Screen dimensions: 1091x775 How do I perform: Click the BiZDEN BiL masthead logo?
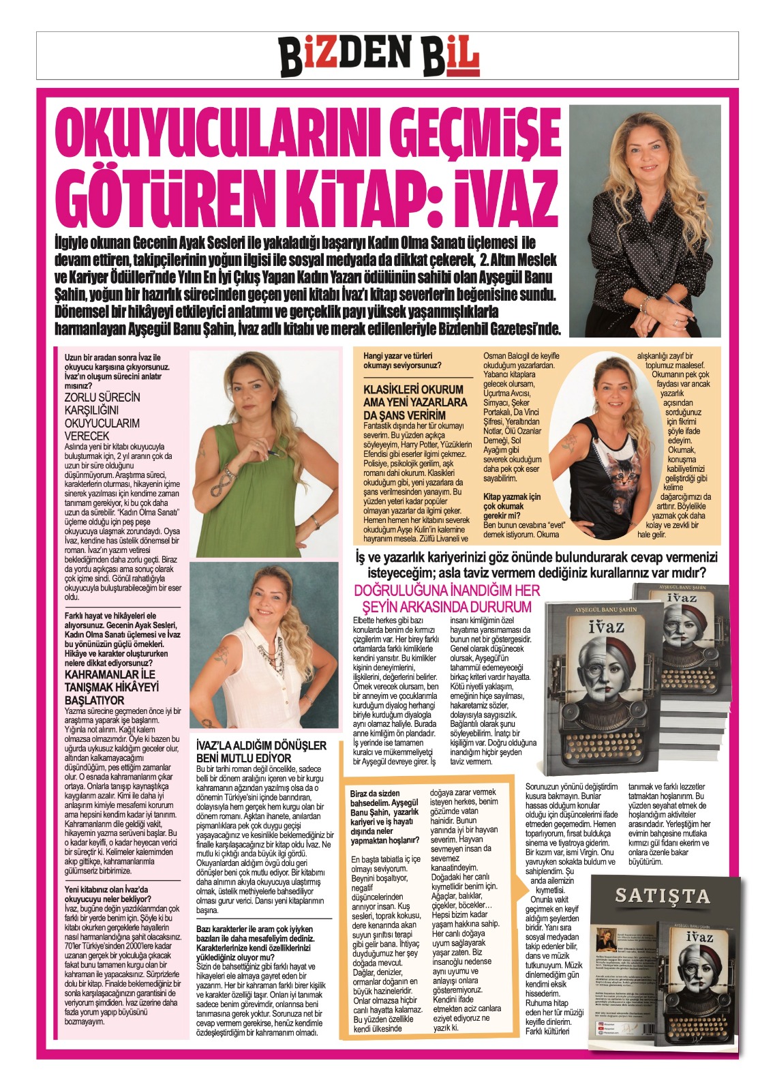[379, 55]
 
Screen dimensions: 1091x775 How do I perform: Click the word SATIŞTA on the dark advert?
[662, 895]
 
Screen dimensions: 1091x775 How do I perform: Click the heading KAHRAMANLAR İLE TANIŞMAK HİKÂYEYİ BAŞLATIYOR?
[111, 687]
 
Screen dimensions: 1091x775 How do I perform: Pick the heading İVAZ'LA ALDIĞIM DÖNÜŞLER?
[261, 751]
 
